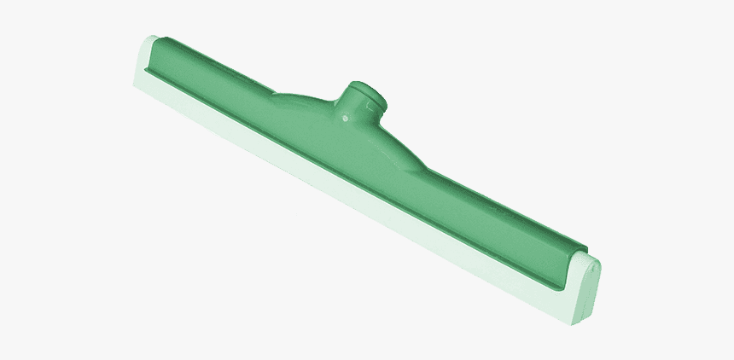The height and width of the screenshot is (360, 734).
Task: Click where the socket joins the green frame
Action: [358, 128]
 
